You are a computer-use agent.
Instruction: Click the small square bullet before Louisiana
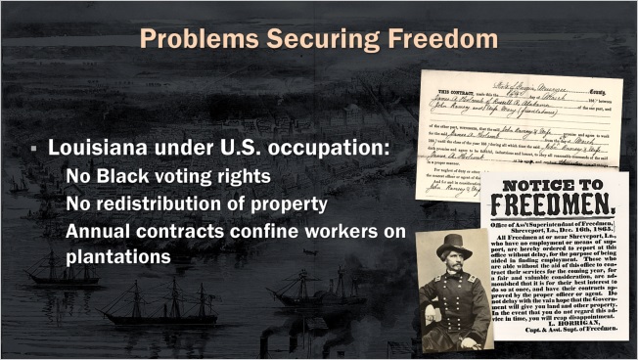point(33,151)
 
